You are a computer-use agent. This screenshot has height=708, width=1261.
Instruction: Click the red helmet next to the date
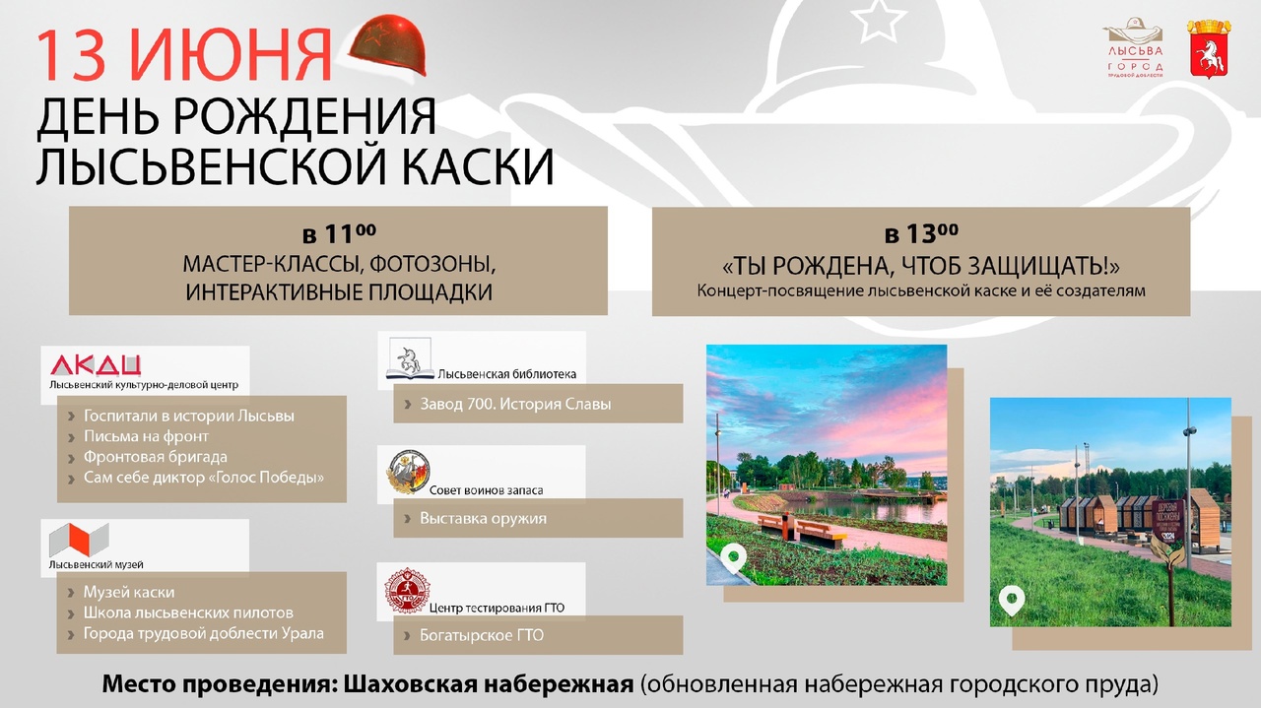pyautogui.click(x=388, y=45)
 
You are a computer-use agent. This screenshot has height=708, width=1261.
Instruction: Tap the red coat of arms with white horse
pyautogui.click(x=1208, y=48)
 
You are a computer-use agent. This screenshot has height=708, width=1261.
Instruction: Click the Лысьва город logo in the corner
pyautogui.click(x=1134, y=48)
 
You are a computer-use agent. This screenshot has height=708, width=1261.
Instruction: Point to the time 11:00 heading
pyautogui.click(x=339, y=233)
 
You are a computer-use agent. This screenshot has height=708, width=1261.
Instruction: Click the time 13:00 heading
pyautogui.click(x=921, y=233)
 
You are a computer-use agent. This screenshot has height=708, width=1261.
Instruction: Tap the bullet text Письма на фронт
pyautogui.click(x=146, y=436)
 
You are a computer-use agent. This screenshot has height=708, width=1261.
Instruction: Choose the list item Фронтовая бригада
pyautogui.click(x=156, y=457)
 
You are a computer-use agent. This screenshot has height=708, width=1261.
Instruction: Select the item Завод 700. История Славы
pyautogui.click(x=515, y=404)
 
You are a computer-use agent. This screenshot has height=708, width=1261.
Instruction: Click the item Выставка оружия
pyautogui.click(x=483, y=518)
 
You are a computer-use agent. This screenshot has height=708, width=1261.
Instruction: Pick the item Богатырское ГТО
pyautogui.click(x=482, y=635)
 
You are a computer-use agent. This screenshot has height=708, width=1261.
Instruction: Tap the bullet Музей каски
pyautogui.click(x=129, y=592)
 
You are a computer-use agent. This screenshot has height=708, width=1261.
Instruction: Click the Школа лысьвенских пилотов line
pyautogui.click(x=188, y=612)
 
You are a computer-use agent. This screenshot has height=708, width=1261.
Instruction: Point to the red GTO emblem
pyautogui.click(x=407, y=591)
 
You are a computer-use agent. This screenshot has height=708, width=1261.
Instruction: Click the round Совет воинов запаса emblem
pyautogui.click(x=409, y=473)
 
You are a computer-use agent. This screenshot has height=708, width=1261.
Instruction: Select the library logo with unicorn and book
pyautogui.click(x=410, y=358)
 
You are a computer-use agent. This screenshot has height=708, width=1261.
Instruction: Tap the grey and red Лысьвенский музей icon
pyautogui.click(x=78, y=540)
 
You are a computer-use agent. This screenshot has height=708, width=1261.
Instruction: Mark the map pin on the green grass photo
pyautogui.click(x=1012, y=601)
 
